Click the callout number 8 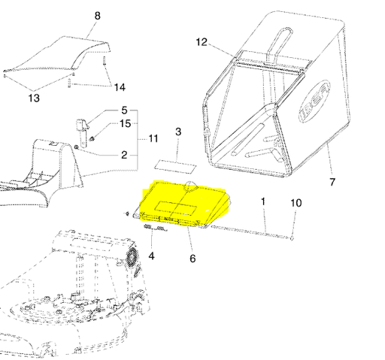(x=96, y=16)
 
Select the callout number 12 (x=201, y=42)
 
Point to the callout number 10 (x=296, y=203)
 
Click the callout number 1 (x=264, y=202)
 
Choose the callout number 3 (x=178, y=132)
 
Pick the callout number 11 (x=153, y=139)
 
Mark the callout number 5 (x=124, y=110)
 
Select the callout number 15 (x=125, y=123)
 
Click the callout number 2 (x=124, y=155)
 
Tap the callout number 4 (x=151, y=256)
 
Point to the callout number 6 (x=192, y=259)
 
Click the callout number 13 (x=35, y=98)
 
